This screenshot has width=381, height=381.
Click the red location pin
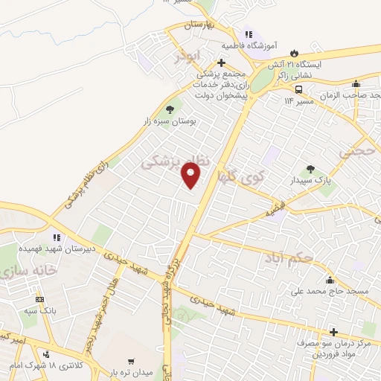click(x=191, y=176)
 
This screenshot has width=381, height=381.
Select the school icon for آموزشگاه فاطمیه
click(x=249, y=33)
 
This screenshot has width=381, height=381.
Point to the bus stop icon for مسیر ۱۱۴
click(x=298, y=89)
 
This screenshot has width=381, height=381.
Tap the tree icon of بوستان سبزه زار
click(x=170, y=109)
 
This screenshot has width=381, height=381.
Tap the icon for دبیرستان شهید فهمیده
click(x=57, y=238)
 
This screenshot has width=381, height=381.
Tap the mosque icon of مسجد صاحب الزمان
click(x=356, y=83)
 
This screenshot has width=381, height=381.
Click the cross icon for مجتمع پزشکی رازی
click(x=221, y=63)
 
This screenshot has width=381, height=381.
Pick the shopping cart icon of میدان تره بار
click(x=132, y=361)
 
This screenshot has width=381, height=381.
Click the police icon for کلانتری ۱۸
click(x=48, y=355)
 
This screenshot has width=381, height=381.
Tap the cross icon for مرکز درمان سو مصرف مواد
click(x=334, y=332)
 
